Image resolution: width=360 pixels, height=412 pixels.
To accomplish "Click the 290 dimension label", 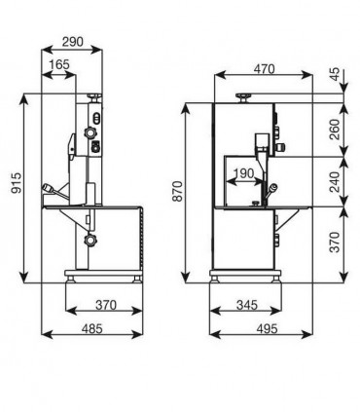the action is tap(73, 42).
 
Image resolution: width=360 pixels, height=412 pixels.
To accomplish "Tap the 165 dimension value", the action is tap(58, 64).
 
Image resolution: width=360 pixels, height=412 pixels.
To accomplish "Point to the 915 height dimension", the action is tap(17, 183).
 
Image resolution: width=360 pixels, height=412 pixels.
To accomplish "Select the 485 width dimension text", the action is tap(91, 329).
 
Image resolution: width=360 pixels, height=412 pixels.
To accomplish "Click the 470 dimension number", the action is tap(264, 69).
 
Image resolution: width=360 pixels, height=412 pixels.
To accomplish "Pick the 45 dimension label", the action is tap(336, 74).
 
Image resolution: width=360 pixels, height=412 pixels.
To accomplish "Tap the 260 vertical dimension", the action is tap(336, 130).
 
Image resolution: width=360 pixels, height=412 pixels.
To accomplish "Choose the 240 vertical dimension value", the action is tap(336, 182).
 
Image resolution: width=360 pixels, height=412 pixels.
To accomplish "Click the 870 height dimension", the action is tap(178, 192).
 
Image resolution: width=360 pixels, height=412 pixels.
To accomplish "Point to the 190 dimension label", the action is tap(243, 173).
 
